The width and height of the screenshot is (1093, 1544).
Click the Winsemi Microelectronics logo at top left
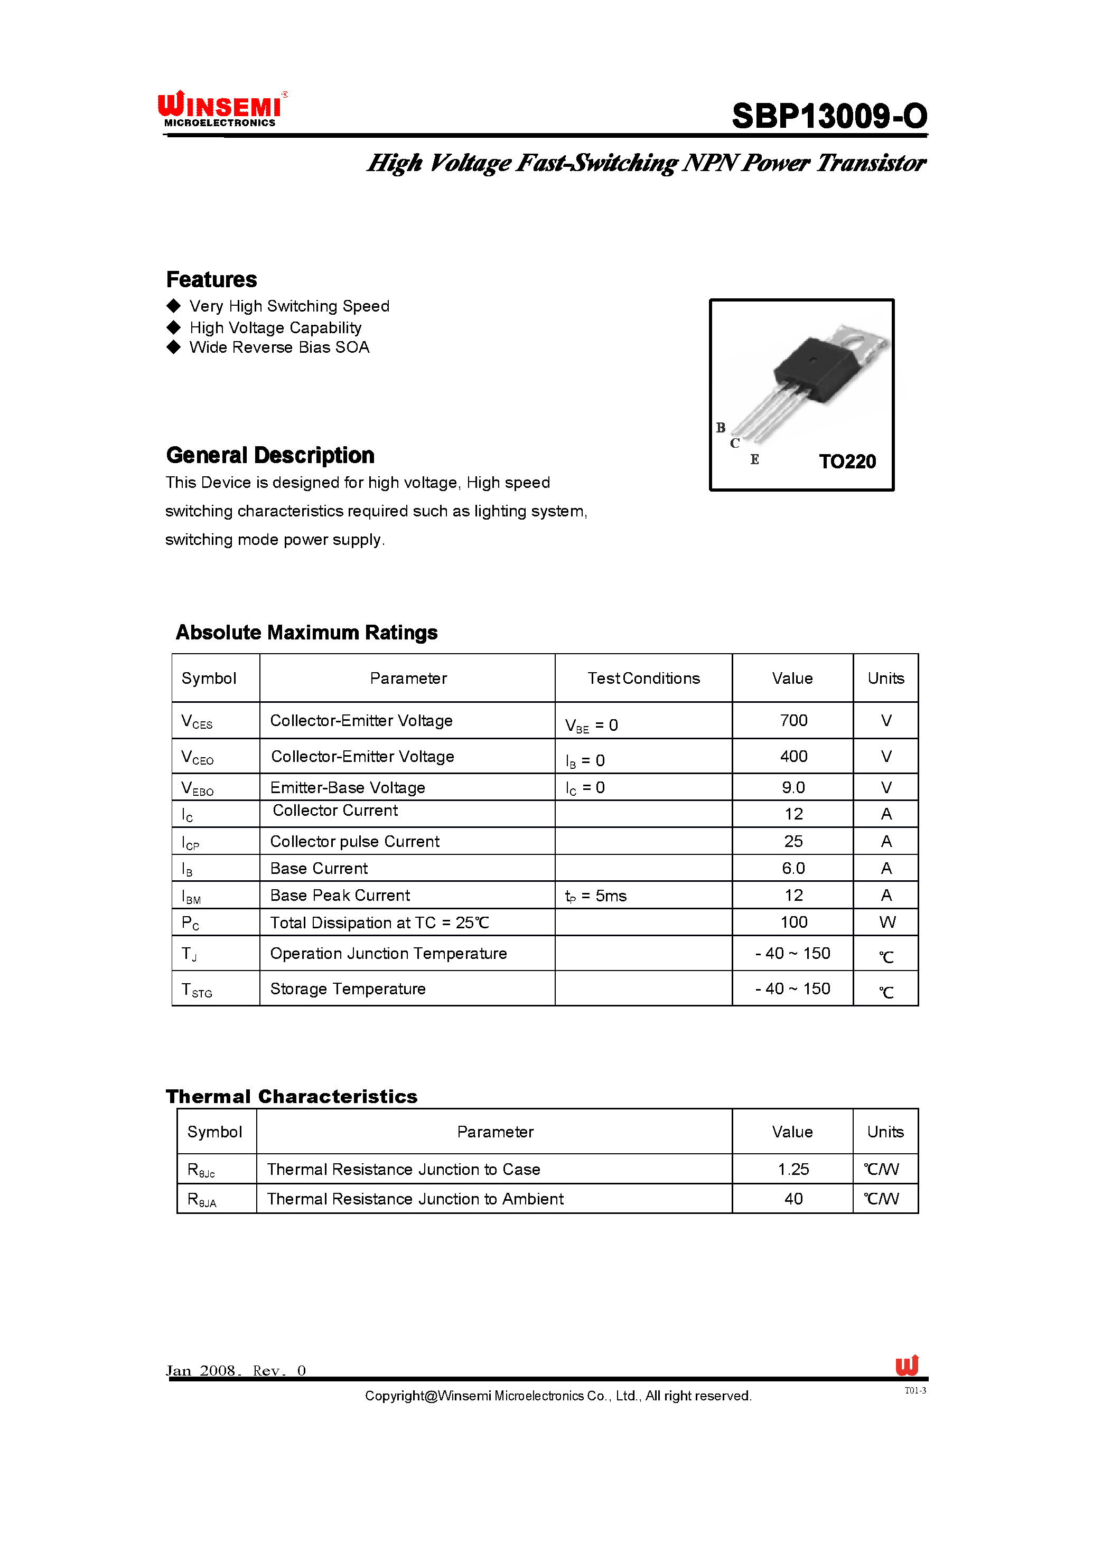click(221, 109)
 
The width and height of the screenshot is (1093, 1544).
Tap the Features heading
click(211, 279)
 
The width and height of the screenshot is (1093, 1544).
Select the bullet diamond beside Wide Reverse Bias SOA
click(174, 347)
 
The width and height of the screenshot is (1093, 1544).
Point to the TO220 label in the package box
click(847, 462)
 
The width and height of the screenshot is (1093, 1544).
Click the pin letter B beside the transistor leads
click(721, 428)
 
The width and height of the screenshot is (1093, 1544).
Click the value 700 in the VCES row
click(793, 721)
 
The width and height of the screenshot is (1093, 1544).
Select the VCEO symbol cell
click(198, 758)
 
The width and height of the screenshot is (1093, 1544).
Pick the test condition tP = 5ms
click(596, 896)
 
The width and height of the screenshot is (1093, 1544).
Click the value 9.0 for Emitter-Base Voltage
click(793, 788)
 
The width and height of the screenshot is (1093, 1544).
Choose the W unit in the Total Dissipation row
click(886, 922)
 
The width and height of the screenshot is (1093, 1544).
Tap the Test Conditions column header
click(643, 678)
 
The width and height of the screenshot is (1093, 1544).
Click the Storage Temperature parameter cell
click(348, 989)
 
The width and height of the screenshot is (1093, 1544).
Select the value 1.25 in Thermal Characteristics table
click(793, 1169)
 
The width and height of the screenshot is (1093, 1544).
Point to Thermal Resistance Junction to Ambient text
click(415, 1199)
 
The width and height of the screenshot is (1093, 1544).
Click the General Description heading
click(270, 456)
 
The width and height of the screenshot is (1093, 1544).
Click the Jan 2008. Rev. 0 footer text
click(236, 1370)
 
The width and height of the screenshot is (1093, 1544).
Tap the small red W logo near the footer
click(907, 1365)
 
